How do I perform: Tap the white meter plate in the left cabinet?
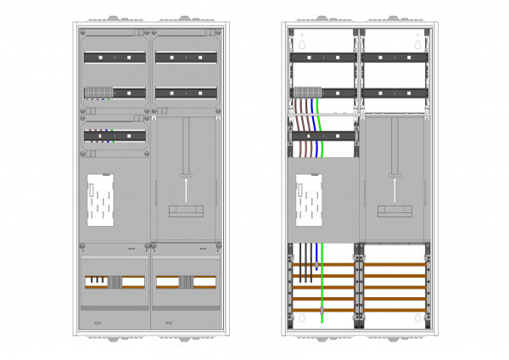(x=100, y=200)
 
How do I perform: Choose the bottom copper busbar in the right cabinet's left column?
(x=322, y=310)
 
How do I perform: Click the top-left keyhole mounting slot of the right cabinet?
(x=299, y=42)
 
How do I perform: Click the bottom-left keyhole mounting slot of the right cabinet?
(x=299, y=319)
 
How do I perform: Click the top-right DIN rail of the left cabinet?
(x=185, y=58)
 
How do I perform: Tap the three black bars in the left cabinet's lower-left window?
(x=98, y=279)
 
